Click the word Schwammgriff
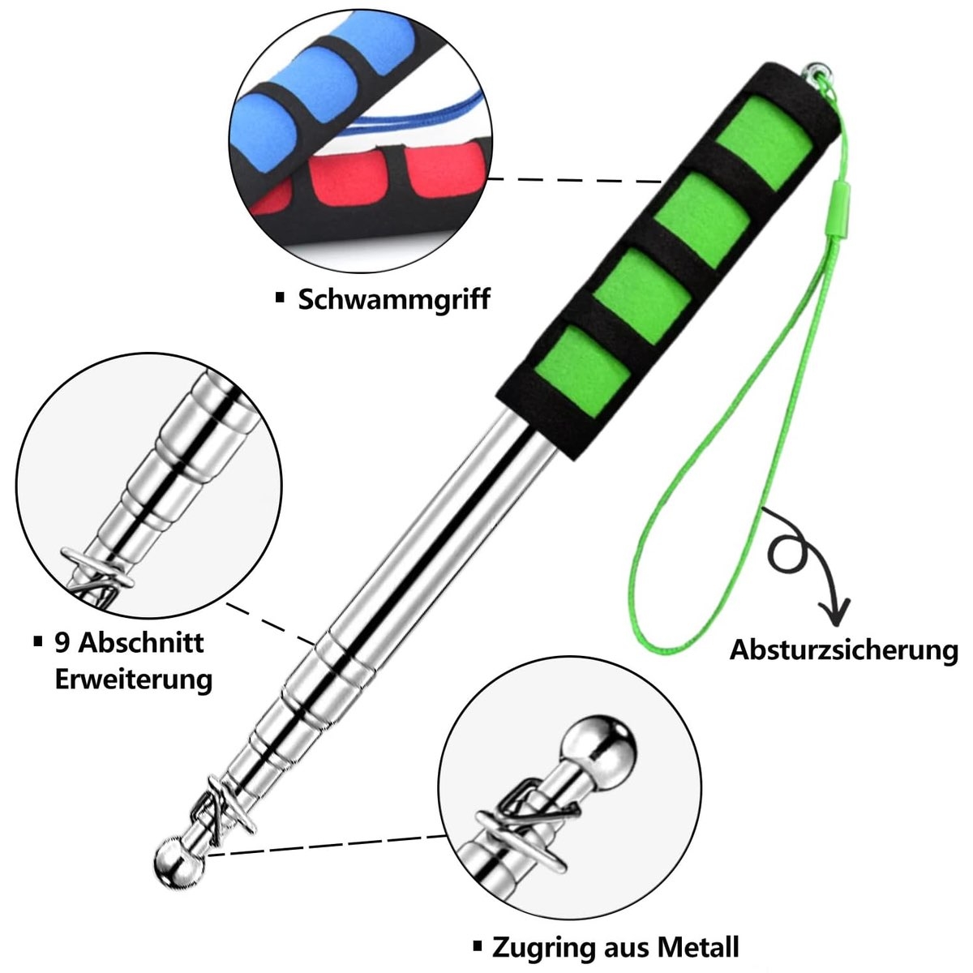point(394,300)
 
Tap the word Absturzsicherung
point(844,649)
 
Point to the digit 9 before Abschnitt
point(62,643)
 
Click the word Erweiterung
point(133,679)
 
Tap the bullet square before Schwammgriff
point(281,298)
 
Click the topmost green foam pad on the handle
point(765,149)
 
